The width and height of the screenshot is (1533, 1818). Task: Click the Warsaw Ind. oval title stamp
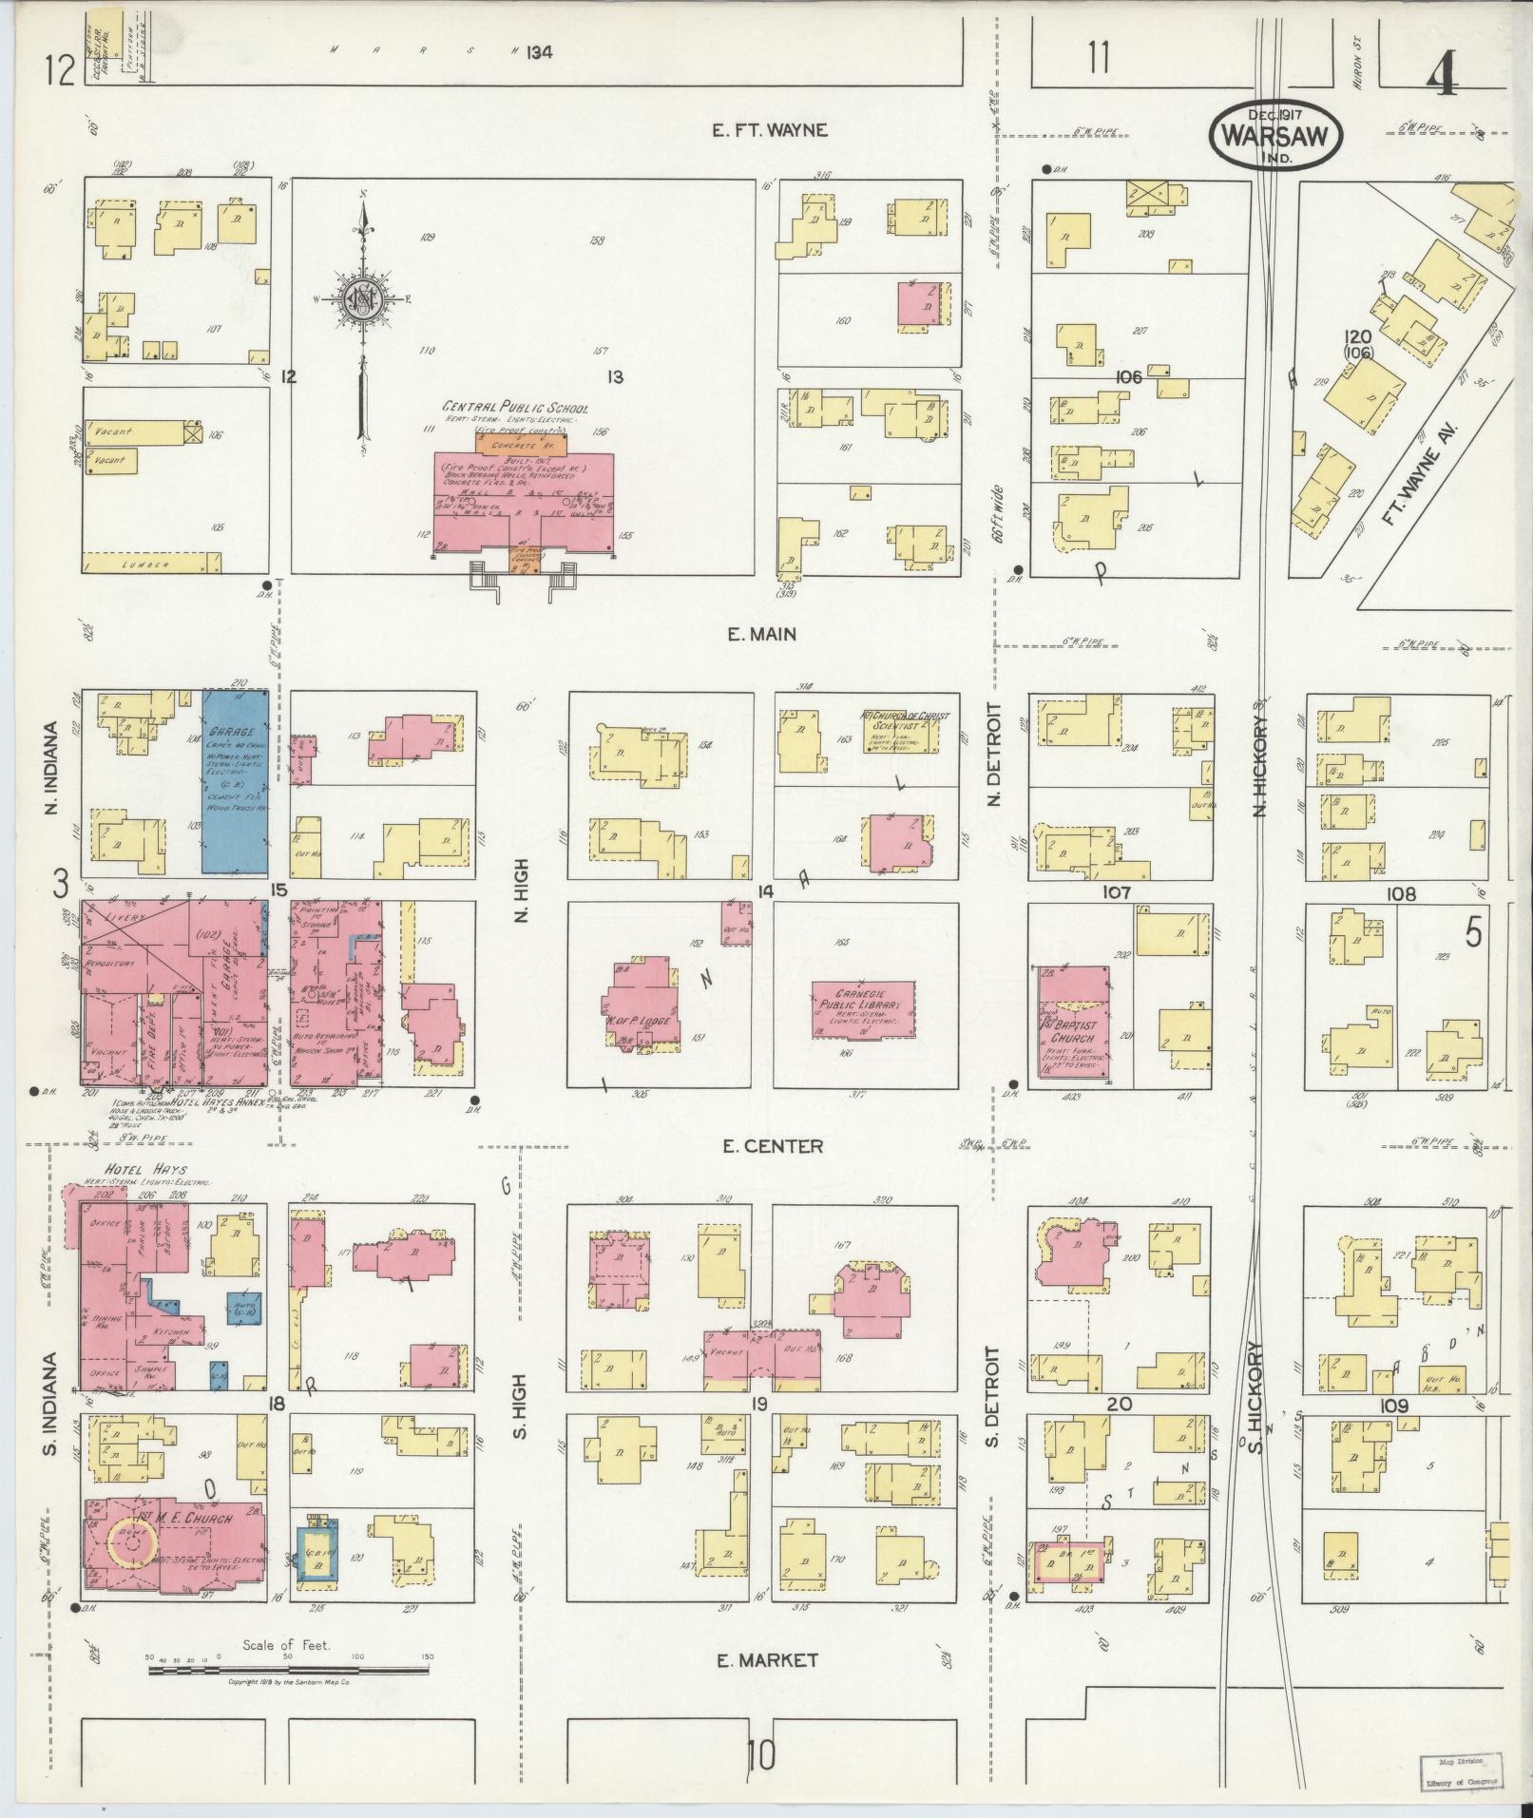(1274, 137)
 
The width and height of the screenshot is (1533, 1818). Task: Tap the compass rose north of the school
(362, 298)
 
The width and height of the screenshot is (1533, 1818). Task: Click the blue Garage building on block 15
(234, 781)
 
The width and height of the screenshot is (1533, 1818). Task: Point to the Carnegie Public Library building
(863, 1010)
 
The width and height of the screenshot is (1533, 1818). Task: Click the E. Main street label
(761, 634)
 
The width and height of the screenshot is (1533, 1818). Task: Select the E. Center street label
(758, 1146)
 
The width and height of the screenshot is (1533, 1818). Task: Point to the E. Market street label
(766, 1659)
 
